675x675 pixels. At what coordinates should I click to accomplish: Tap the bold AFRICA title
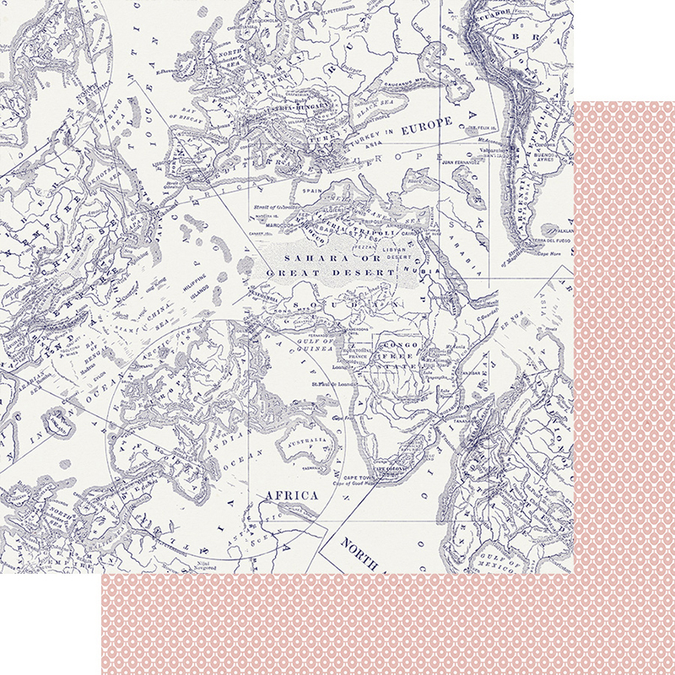pyautogui.click(x=292, y=495)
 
